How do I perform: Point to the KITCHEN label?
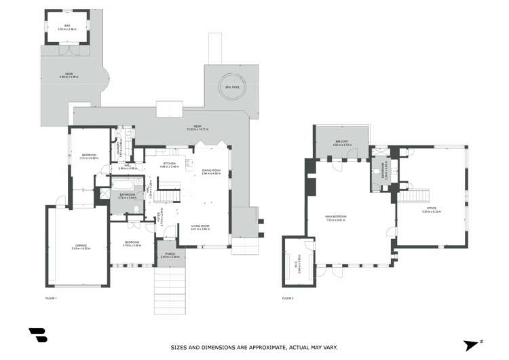tap(170, 164)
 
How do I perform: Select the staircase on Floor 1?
tap(166, 196)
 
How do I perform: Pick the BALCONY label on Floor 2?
tap(341, 143)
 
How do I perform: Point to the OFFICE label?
tap(431, 210)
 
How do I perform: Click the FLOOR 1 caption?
tap(50, 298)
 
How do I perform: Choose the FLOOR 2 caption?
tap(288, 298)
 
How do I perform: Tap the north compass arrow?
tap(471, 345)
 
